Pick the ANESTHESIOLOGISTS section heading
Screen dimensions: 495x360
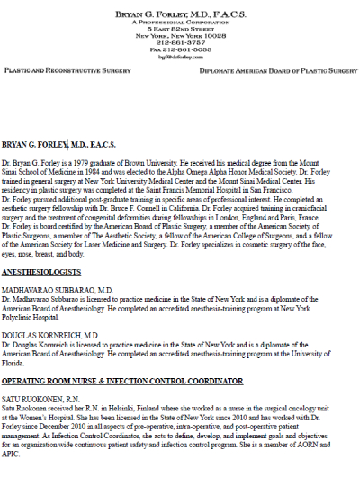point(40,270)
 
